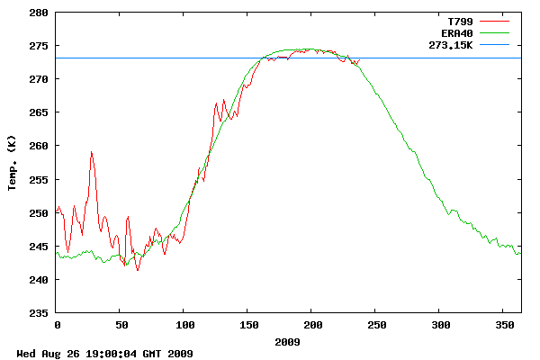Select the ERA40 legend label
tap(456, 31)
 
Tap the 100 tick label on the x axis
tap(184, 324)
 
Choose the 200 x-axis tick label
tap(311, 324)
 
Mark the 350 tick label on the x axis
tap(503, 324)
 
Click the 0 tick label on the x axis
tap(57, 324)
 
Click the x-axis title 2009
tap(288, 342)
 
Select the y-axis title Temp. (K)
tap(13, 163)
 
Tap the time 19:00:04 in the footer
tap(107, 354)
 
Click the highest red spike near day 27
tap(91, 152)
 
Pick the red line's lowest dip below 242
tap(138, 270)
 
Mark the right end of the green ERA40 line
tap(520, 253)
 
